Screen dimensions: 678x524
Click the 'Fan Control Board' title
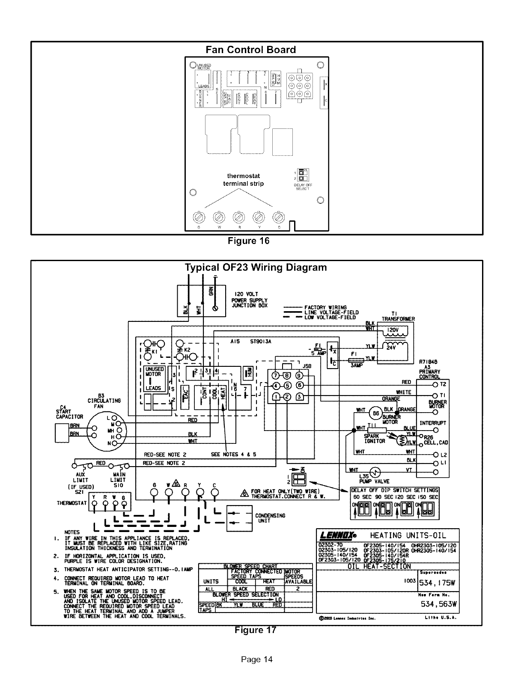250,50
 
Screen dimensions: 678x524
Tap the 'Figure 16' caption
248,241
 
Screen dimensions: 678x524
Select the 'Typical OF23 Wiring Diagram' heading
256,268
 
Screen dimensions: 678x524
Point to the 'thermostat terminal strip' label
244,180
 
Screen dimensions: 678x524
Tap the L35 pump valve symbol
375,472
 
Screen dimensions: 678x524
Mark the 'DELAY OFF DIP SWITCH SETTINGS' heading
394,490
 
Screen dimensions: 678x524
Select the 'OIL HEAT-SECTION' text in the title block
379,566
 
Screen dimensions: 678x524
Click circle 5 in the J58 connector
288,384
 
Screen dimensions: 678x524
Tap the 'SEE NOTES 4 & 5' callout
233,455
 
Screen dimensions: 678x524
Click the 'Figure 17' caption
256,630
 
